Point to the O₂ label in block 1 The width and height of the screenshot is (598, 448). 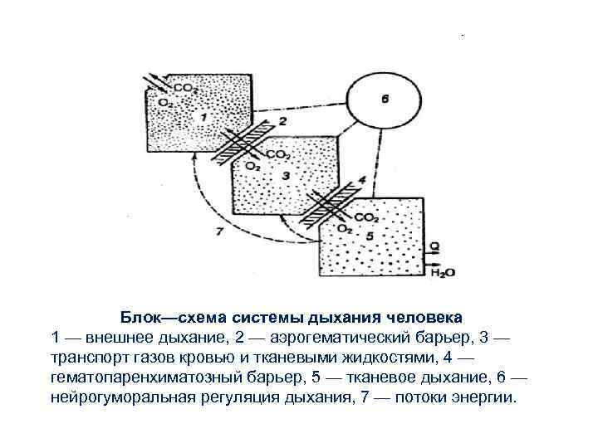[166, 102]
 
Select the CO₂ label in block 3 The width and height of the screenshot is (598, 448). [278, 154]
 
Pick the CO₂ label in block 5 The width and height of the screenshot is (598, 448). [366, 217]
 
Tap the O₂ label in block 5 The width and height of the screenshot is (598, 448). [343, 228]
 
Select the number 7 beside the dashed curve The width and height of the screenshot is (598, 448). [218, 231]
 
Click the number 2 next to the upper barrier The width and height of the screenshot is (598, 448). [282, 122]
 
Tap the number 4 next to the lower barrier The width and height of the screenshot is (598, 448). [360, 180]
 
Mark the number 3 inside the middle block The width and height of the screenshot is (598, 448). [287, 176]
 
